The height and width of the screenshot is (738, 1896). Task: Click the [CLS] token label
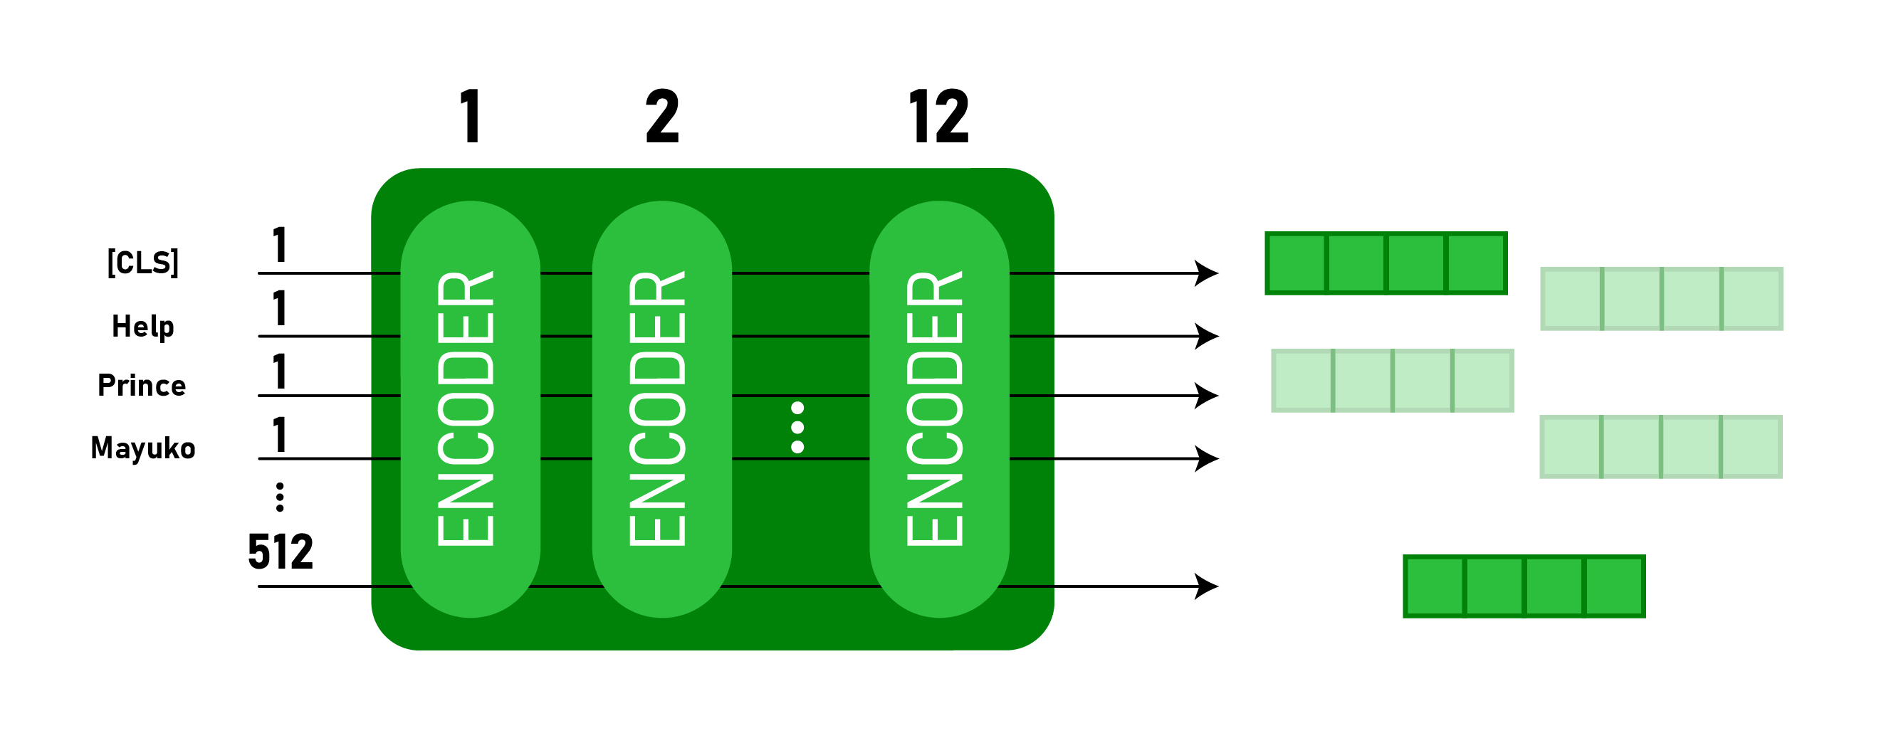(x=143, y=263)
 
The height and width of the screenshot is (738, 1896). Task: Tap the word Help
(x=143, y=326)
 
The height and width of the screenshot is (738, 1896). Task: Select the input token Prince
(x=142, y=386)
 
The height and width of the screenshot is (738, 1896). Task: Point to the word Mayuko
(x=143, y=448)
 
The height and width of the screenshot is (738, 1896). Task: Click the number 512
(x=281, y=551)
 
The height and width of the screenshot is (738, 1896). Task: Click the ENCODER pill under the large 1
(x=471, y=409)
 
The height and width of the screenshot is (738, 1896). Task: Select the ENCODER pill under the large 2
(x=661, y=409)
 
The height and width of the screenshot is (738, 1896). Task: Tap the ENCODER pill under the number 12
(x=939, y=409)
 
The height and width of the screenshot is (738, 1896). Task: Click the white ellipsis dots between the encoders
(x=797, y=428)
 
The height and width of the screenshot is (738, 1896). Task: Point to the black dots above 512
(x=280, y=497)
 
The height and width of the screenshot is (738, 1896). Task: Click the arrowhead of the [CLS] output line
(x=1207, y=273)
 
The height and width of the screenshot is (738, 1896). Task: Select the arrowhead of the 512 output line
(x=1207, y=586)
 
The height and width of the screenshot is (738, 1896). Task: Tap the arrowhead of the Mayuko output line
(x=1207, y=458)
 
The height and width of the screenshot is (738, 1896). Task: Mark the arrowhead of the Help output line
(x=1207, y=336)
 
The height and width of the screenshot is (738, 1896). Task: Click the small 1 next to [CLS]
(x=280, y=245)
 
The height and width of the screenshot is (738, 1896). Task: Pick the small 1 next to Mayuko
(x=280, y=435)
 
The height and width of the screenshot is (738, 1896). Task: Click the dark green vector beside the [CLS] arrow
(x=1386, y=263)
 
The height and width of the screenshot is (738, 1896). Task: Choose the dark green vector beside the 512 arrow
(x=1524, y=586)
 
